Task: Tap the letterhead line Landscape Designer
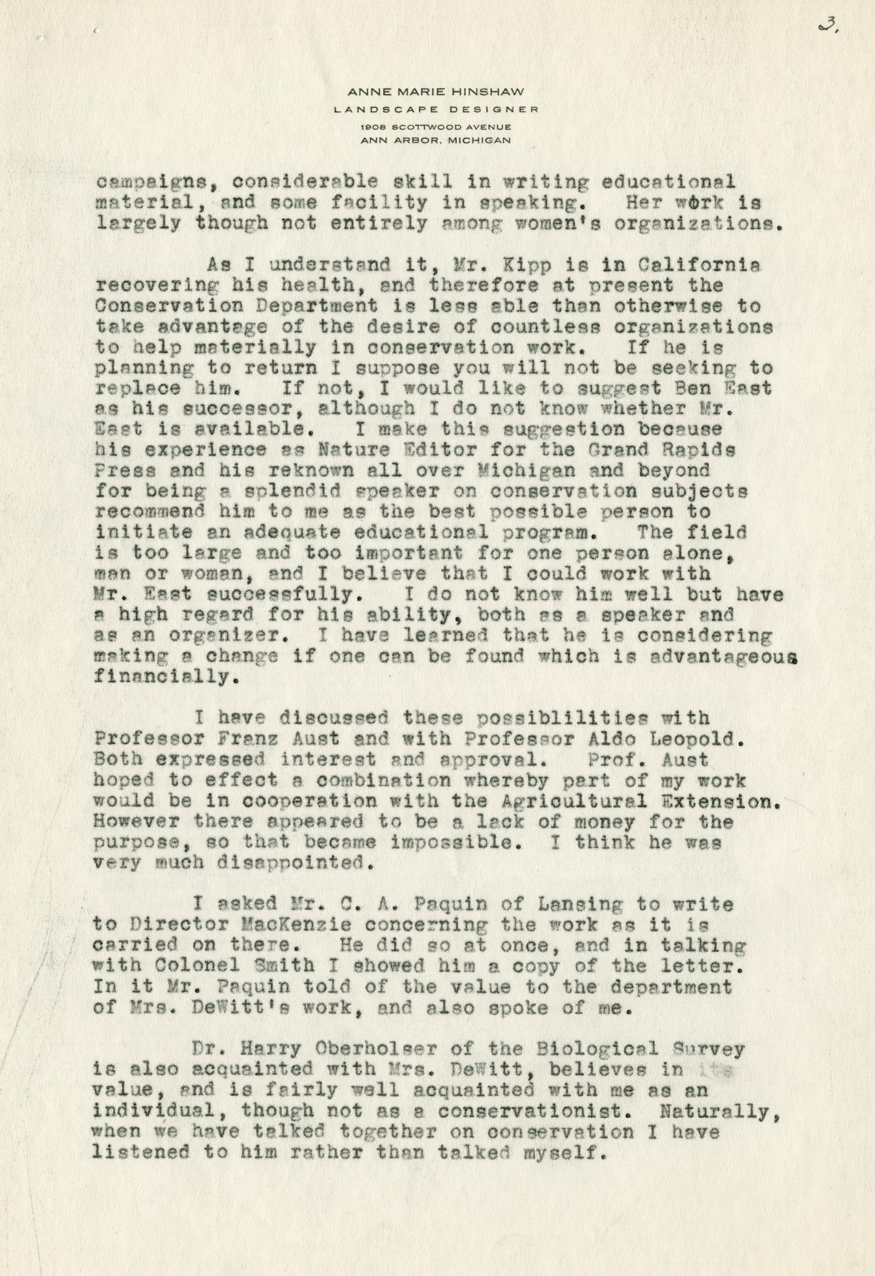[x=437, y=109]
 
